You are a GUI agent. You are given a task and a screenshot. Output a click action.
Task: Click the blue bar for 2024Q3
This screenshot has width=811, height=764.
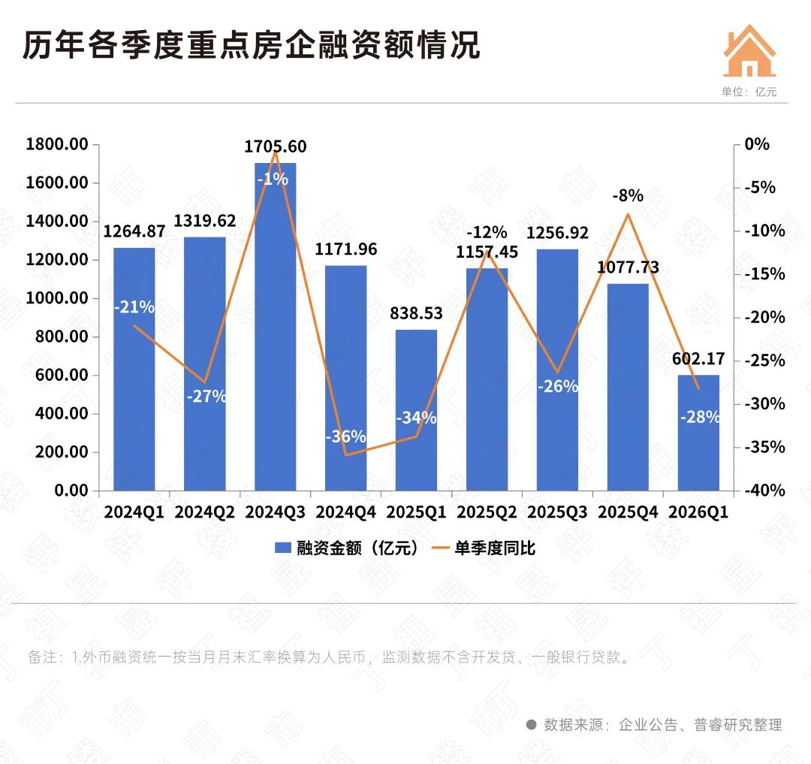coord(275,326)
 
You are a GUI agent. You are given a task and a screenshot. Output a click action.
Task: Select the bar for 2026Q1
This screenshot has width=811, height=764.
coord(698,433)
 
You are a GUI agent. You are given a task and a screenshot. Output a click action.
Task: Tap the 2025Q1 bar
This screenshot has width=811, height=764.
coord(416,409)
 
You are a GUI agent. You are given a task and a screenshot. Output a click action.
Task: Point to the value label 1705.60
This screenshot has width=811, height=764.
coord(275,146)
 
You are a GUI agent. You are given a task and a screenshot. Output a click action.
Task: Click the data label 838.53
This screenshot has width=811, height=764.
coord(416,313)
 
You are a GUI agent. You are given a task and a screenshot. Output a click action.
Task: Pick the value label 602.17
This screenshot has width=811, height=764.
coord(698,358)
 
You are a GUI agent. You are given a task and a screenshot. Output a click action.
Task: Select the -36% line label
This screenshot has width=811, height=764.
coord(345,436)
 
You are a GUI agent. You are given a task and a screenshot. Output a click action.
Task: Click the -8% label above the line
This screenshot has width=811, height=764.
coord(628,195)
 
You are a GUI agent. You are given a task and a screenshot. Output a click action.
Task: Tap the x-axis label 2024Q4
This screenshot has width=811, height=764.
coord(345,512)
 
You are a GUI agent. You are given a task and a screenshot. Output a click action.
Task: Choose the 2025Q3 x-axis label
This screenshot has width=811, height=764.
coord(557,512)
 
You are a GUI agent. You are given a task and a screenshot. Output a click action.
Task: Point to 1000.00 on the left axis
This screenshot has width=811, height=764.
coord(57,298)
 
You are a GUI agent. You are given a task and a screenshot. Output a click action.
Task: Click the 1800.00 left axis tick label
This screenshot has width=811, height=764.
coord(57,143)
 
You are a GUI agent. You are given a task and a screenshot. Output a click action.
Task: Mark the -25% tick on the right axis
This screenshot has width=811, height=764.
coord(764,360)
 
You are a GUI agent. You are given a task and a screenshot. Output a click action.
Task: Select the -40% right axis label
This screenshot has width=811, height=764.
coord(764,490)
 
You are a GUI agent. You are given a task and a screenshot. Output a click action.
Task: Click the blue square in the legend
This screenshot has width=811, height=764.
coord(282,548)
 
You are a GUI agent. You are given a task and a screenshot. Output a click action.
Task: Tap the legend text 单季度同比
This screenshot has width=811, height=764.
coord(494,548)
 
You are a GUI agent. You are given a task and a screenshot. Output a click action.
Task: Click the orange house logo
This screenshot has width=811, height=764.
coord(749,50)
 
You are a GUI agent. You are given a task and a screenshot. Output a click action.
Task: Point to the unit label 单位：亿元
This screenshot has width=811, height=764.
coord(749,92)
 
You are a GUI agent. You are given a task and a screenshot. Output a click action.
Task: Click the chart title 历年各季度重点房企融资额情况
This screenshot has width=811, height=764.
coord(252,44)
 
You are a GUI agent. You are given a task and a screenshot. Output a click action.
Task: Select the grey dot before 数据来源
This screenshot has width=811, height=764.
coord(531,725)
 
